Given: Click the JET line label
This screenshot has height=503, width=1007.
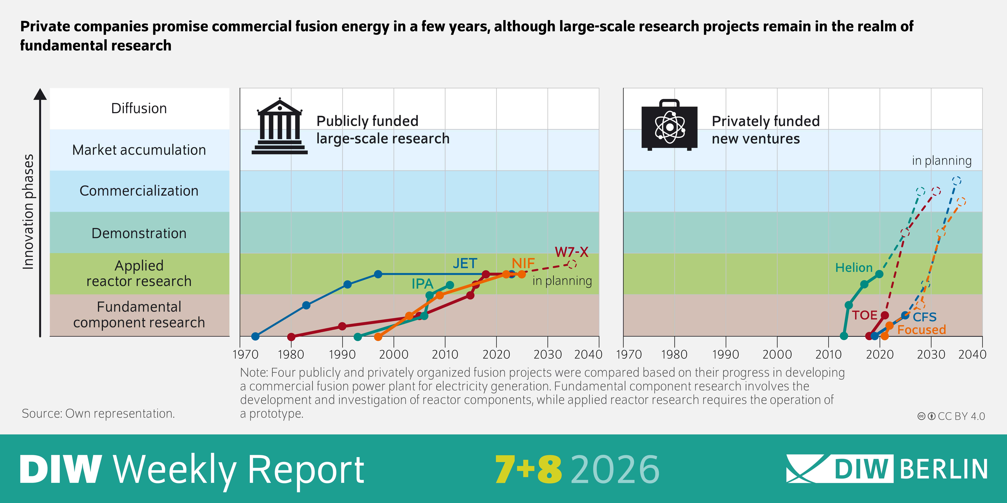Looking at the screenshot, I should coord(465,264).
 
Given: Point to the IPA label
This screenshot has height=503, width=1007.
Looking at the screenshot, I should coord(422,284).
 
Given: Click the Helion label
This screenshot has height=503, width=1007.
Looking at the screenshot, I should coord(854,267).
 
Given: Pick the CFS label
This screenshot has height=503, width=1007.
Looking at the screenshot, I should coord(924,317).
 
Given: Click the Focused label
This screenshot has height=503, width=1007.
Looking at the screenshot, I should coord(921,330).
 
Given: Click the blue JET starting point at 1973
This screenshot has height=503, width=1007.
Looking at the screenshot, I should coord(255,336).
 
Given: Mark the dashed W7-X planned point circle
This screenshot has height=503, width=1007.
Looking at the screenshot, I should coord(572,264).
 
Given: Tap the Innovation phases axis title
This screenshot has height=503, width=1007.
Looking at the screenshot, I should coord(28,212).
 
